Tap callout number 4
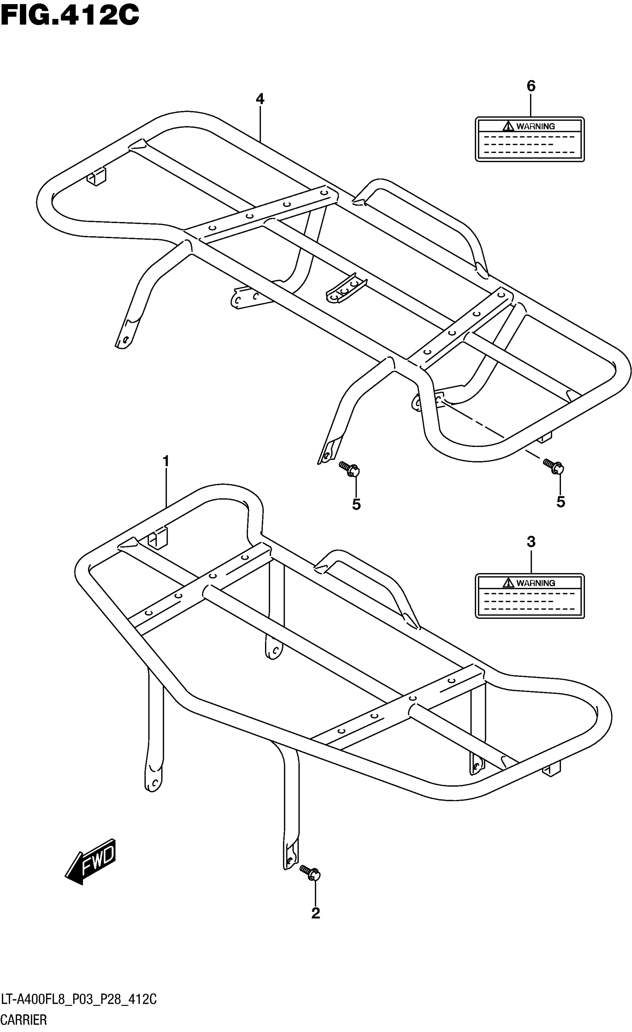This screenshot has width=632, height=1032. coord(260,99)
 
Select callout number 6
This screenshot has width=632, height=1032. coord(531,86)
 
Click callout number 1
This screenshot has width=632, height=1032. coord(166,461)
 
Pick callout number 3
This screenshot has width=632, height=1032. coord(531,542)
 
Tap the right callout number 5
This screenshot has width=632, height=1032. coord(560,502)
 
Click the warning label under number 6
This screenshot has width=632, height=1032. coord(529,139)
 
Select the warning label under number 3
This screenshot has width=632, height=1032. coord(529,596)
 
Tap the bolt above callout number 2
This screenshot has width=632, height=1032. coord(310,872)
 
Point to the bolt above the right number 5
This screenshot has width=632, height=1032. coord(553,466)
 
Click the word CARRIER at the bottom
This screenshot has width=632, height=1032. coord(24,1020)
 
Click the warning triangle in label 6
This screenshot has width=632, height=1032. coord(508,126)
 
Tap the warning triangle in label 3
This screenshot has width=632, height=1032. coord(508,582)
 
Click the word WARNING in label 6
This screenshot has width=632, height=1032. coord(535,126)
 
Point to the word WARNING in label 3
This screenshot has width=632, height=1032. coord(535,582)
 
